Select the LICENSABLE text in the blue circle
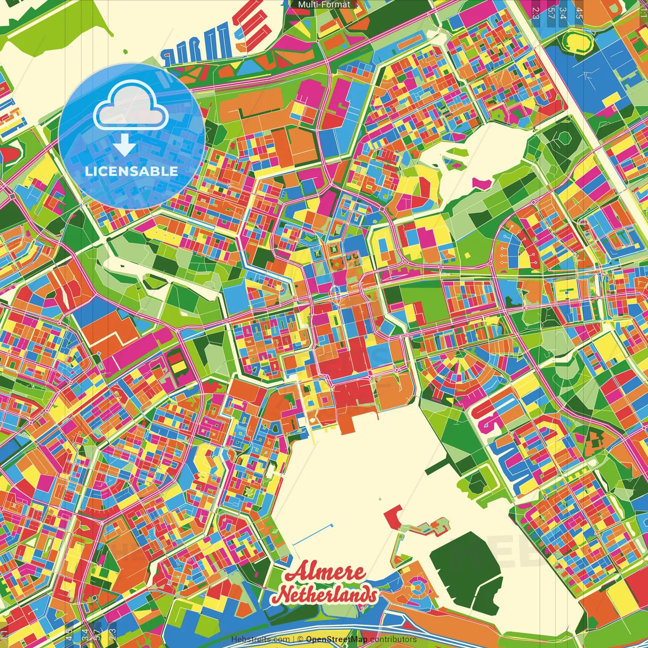[131, 171]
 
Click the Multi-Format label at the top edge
[324, 5]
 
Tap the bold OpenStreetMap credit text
[336, 639]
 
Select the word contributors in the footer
[393, 639]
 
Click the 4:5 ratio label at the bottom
[69, 634]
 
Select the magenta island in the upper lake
[481, 182]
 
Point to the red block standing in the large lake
[392, 516]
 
